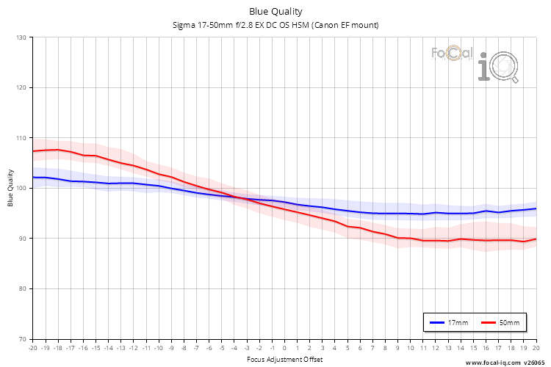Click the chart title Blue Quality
point(275,11)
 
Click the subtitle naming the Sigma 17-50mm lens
point(275,26)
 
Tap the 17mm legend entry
point(450,322)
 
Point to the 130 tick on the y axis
point(21,37)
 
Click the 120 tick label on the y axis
point(21,87)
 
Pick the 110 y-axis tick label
point(21,138)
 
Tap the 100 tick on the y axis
point(21,188)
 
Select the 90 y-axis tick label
point(22,239)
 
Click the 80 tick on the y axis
point(22,288)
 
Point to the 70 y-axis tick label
point(22,339)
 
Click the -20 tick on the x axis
point(32,347)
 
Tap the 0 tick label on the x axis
point(284,347)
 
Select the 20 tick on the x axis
point(536,347)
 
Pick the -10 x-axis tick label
point(158,347)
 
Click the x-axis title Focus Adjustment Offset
point(284,359)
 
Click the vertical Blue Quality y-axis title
point(10,188)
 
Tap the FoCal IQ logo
point(475,62)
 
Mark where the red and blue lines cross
point(239,197)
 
